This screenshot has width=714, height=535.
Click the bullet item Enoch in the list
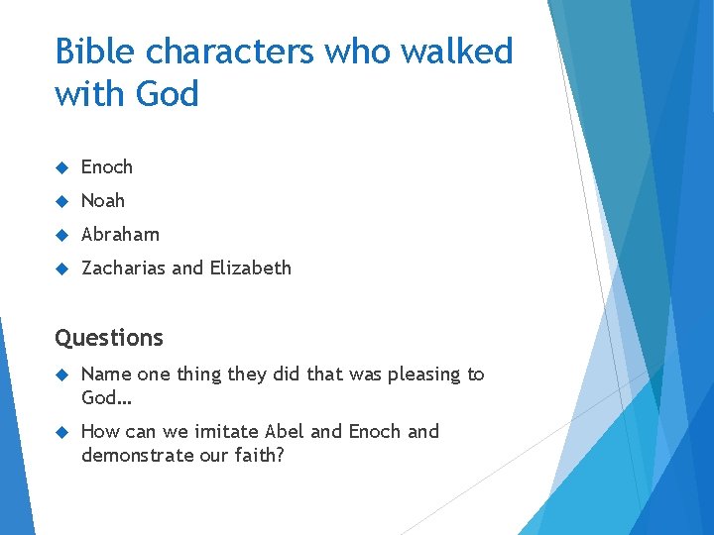[x=106, y=167]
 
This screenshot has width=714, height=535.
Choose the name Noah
[x=103, y=201]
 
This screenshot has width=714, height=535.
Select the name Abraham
[x=120, y=235]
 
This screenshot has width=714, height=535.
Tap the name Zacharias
[x=124, y=268]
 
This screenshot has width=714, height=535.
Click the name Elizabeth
[x=250, y=268]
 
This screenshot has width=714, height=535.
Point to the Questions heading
[x=109, y=338]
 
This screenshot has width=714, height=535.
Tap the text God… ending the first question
[x=106, y=397]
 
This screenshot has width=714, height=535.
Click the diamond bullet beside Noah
[x=61, y=201]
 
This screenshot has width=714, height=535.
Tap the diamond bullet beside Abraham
[x=61, y=235]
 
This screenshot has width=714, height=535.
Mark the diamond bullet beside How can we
[x=61, y=432]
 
